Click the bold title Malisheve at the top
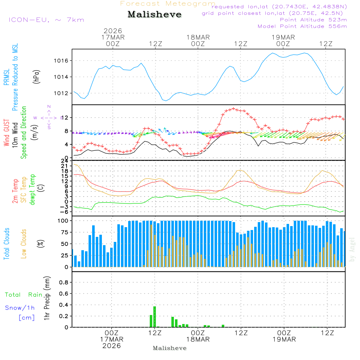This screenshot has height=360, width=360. coord(155,15)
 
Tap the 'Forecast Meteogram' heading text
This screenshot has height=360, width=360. coord(168,4)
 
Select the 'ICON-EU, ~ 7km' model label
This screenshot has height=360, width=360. coord(46,20)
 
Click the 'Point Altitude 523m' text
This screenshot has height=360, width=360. coord(313,20)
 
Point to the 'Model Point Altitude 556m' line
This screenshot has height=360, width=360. coord(302,26)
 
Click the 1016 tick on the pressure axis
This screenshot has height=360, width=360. coord(62,60)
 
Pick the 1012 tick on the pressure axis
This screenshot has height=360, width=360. coord(62,93)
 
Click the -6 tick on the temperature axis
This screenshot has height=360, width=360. coord(66,212)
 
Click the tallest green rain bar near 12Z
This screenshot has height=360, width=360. coord(155,316)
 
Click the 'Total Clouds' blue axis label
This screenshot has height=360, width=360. coord(6,244)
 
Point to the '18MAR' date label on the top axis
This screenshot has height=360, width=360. coord(198,37)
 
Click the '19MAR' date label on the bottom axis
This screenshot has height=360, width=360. coord(284,339)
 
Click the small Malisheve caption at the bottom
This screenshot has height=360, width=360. coord(170,348)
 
